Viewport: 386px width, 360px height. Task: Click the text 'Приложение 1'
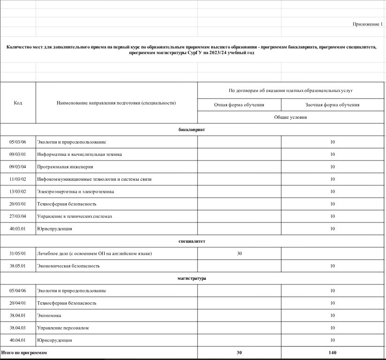coord(368,24)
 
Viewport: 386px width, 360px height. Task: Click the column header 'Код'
coord(18,102)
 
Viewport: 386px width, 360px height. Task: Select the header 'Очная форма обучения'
coord(239,105)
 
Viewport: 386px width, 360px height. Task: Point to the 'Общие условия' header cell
coord(291,117)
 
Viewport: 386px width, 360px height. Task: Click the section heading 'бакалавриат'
coord(192,129)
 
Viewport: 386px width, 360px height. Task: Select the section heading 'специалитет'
coord(192,241)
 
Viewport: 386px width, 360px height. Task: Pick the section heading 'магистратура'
coord(192,278)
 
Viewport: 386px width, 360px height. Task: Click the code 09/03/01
coord(18,154)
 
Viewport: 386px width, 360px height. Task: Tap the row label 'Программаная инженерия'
coord(65,167)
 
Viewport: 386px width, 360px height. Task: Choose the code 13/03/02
coord(18,191)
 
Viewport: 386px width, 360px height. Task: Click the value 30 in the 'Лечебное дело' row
coord(239,253)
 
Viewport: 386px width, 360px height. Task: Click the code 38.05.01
coord(18,266)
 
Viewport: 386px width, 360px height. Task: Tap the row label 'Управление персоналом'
coord(63,328)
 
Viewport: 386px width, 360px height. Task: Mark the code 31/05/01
coord(18,253)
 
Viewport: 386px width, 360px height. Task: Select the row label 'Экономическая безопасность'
coord(68,266)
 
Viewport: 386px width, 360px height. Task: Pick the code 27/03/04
coord(18,216)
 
